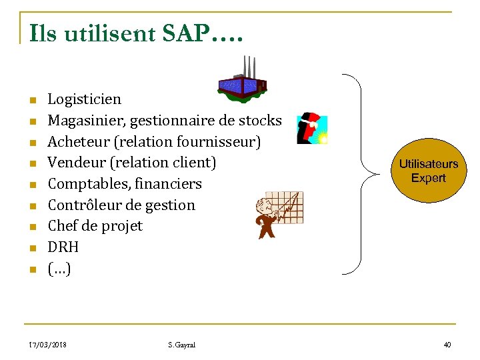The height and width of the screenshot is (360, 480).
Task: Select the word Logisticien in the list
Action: tap(85, 99)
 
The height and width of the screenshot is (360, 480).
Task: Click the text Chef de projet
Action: tap(95, 226)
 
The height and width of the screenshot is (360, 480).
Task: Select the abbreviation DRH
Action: tap(63, 247)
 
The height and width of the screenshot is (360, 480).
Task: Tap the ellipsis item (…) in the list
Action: tap(59, 269)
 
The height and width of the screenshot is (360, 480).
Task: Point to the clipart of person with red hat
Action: tap(311, 128)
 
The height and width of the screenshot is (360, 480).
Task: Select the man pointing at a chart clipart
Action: tap(279, 213)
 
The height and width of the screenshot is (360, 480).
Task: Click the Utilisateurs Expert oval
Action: tap(428, 171)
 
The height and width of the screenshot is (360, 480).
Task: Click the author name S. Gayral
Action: tap(182, 345)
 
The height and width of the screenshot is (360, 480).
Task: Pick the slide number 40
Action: tap(447, 345)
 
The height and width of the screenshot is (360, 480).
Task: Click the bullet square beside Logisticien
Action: tap(31, 101)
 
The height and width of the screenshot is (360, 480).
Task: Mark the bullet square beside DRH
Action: tap(31, 249)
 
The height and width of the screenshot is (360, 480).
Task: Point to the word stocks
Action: tap(260, 121)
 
